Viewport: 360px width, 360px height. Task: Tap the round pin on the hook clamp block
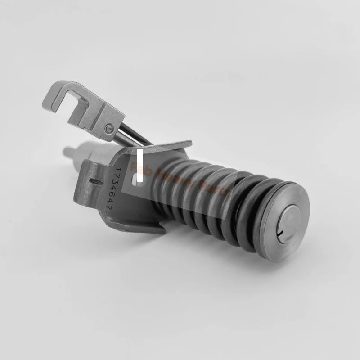pyautogui.click(x=107, y=130)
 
